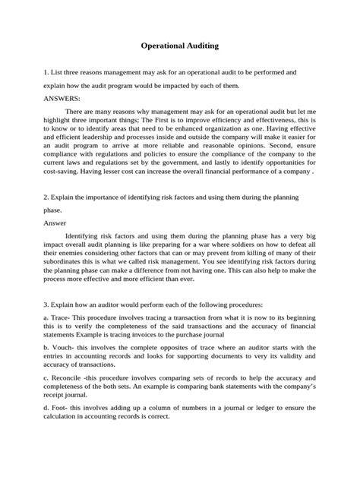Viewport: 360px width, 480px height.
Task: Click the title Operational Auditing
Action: [180, 46]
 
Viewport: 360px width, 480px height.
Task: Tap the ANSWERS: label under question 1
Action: [63, 98]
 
